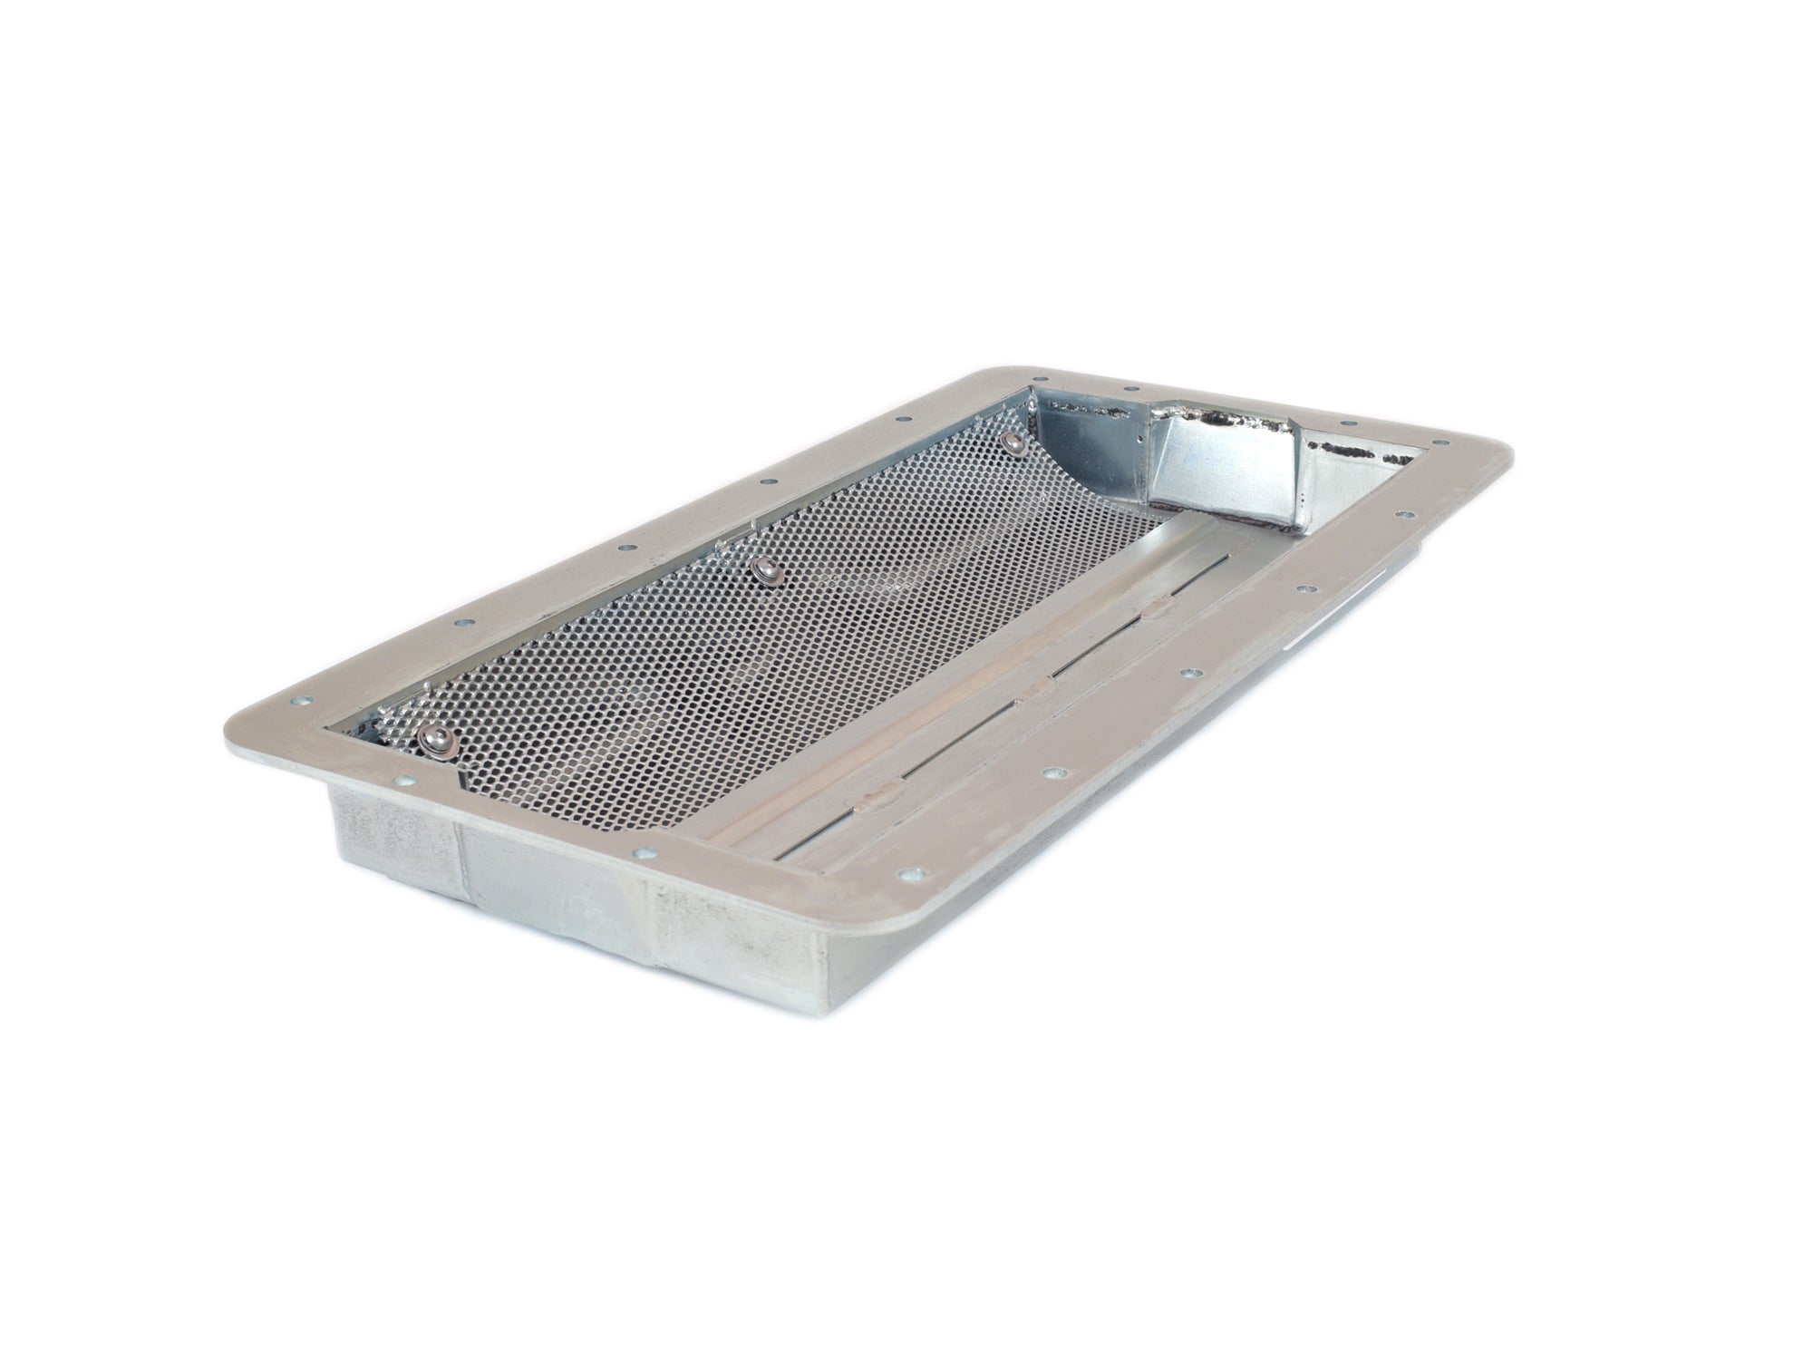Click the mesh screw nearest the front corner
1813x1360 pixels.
pos(434,739)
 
